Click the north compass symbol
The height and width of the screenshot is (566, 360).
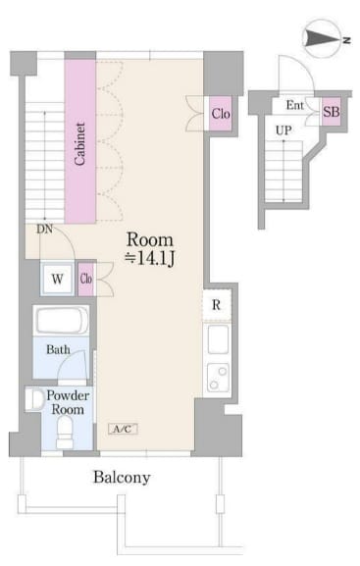tap(324, 37)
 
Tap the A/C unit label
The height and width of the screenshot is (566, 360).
tap(123, 429)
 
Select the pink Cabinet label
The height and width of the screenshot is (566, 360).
tap(80, 143)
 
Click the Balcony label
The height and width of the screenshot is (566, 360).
tap(122, 477)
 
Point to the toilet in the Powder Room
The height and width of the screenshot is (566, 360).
tap(65, 432)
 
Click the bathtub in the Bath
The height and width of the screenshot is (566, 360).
tap(62, 321)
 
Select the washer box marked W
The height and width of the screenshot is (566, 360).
tap(58, 279)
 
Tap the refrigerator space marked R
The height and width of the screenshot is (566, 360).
tap(216, 305)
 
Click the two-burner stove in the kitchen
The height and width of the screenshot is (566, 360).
tap(218, 378)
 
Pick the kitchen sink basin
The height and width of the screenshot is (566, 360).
tap(218, 339)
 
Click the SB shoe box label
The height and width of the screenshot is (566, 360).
tap(332, 112)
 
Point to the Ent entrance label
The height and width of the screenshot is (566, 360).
tap(294, 105)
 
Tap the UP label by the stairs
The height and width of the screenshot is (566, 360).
tap(283, 129)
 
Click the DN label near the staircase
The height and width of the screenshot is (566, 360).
tap(44, 229)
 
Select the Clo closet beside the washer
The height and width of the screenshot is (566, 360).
tap(86, 279)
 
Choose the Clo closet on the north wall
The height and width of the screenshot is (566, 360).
tap(221, 114)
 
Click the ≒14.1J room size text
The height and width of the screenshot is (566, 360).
tap(149, 258)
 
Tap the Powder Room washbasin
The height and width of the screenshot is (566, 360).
tap(34, 399)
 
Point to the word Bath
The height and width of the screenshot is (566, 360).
tap(58, 349)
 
